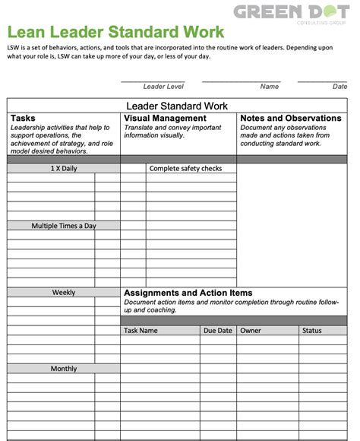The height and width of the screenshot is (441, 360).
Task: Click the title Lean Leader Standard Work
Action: point(115,32)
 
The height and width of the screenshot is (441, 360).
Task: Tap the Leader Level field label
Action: point(163,87)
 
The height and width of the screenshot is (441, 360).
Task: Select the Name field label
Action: point(269,87)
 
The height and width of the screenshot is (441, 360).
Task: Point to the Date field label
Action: point(339,87)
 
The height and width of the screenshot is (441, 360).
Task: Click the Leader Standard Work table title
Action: point(176,106)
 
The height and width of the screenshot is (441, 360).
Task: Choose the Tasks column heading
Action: point(24,119)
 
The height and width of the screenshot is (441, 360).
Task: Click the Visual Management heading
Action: point(165,119)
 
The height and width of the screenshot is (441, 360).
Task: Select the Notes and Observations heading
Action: point(290,119)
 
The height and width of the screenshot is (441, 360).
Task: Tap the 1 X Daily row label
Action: point(64,169)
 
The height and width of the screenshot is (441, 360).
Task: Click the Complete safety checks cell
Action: point(185,169)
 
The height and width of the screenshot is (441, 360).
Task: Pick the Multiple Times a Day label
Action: point(64,226)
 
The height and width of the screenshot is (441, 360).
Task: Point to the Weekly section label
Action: point(64,293)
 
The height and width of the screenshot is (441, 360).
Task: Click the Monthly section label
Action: point(64,369)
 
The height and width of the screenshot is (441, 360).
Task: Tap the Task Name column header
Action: point(141,331)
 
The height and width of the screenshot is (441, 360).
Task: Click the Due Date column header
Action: point(218,331)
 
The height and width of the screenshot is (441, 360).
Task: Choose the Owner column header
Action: point(251,331)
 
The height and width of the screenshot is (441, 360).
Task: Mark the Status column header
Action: point(312,331)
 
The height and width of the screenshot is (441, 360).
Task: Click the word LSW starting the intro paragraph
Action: point(14,48)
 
